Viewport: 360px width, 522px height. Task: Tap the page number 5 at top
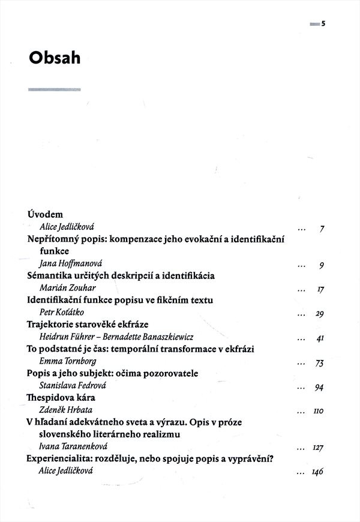click(x=322, y=24)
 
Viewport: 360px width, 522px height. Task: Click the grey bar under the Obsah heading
click(x=54, y=90)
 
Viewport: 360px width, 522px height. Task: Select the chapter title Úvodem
click(x=46, y=214)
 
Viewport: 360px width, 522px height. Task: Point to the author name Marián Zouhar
click(x=64, y=288)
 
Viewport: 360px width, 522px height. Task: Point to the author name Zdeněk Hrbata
click(x=62, y=411)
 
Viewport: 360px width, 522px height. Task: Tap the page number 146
click(x=317, y=472)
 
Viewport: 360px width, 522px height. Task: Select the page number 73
click(x=319, y=363)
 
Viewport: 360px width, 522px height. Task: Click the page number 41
click(x=320, y=338)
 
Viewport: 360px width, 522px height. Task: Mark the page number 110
click(x=318, y=412)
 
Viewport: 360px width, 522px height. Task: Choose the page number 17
click(x=320, y=289)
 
